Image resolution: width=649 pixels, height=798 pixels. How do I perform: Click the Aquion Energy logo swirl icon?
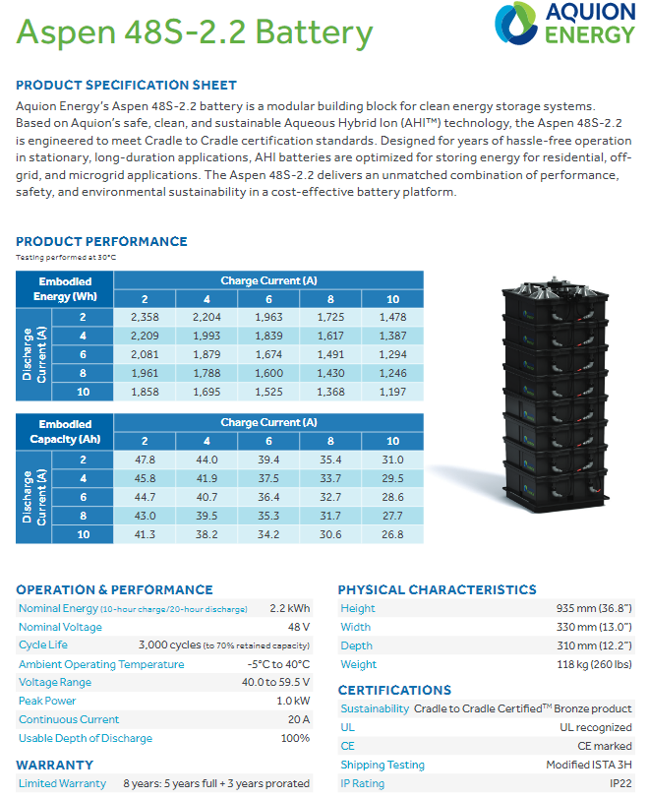click(511, 24)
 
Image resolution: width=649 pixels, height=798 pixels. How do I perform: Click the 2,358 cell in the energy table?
click(145, 317)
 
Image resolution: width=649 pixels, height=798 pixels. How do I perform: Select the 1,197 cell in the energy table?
click(392, 392)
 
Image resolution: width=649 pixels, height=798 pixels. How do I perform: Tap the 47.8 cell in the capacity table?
click(145, 459)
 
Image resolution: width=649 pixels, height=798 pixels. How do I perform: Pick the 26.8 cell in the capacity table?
click(392, 534)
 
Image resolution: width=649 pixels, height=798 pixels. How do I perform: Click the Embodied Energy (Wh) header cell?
click(66, 289)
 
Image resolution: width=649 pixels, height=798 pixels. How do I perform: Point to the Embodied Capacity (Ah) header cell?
click(66, 431)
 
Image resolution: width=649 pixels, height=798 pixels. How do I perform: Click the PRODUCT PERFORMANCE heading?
click(101, 241)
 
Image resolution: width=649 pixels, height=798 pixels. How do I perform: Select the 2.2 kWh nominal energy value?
click(289, 608)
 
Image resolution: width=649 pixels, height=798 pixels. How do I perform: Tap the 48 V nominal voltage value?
click(298, 627)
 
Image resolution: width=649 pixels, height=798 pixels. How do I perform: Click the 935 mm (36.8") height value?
click(593, 608)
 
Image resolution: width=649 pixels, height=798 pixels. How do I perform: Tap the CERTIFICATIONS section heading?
click(395, 690)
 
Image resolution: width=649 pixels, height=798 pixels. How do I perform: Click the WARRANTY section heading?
click(55, 765)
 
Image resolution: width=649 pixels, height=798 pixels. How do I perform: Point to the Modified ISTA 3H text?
click(588, 765)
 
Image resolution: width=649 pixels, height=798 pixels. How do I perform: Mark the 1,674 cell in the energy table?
click(268, 354)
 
